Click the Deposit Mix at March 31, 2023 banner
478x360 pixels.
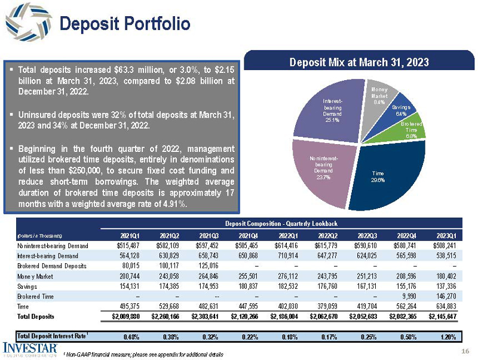click(x=359, y=62)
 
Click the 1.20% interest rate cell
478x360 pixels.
click(x=449, y=335)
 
